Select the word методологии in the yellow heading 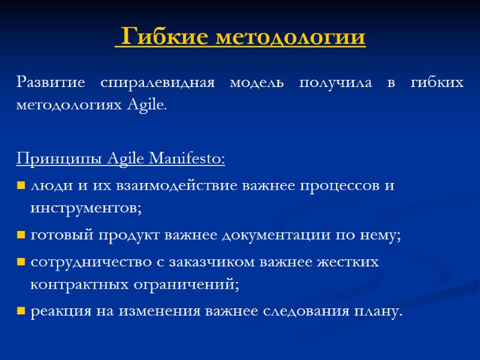(289, 37)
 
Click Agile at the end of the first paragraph (148, 104)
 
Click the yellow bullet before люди (21, 185)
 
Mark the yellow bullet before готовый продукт (21, 235)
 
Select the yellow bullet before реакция (21, 311)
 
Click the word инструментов (86, 208)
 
